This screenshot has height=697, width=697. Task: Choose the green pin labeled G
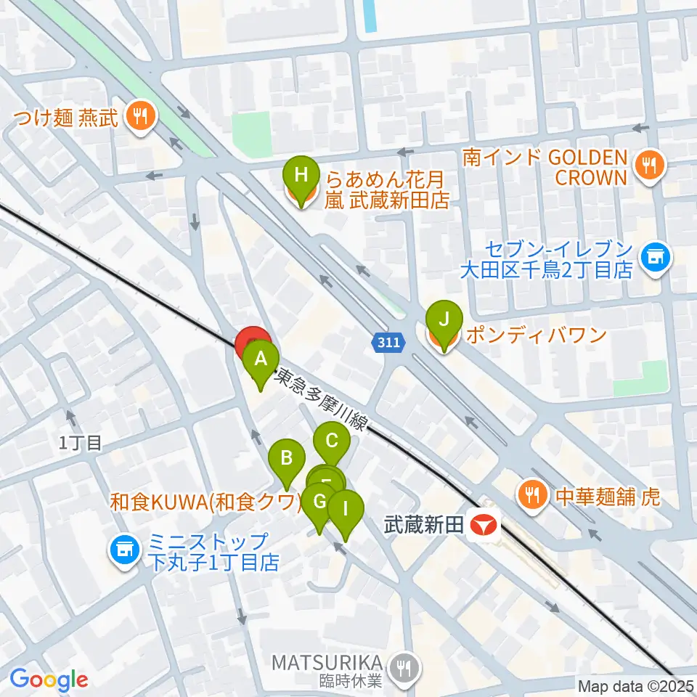(317, 502)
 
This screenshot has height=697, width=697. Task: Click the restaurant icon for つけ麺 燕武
(137, 116)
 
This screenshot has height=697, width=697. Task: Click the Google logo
(48, 680)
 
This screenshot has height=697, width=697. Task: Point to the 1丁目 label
(81, 442)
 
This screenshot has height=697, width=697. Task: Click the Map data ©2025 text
(635, 685)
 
